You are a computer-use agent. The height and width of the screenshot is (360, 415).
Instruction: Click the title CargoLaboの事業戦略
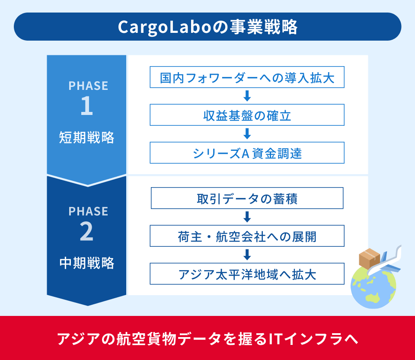[207, 27]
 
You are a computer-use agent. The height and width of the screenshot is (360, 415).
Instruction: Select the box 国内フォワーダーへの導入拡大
[247, 77]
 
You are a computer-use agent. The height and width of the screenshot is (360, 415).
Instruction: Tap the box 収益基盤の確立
[247, 115]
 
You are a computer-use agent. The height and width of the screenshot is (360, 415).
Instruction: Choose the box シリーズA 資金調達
[247, 153]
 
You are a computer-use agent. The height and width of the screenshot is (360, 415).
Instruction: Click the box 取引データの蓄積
[247, 198]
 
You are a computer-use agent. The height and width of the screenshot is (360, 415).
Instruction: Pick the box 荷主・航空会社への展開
[247, 236]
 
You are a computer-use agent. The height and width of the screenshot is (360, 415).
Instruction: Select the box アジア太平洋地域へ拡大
[247, 274]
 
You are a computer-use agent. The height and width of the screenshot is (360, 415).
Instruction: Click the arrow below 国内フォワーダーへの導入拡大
[247, 96]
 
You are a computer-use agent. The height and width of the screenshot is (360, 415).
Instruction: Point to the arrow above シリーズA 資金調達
[247, 134]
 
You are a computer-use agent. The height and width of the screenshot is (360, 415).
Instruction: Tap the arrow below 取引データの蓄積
[247, 217]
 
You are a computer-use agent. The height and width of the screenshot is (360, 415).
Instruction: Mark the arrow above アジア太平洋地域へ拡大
[247, 255]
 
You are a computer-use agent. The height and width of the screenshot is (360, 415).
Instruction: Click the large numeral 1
[87, 105]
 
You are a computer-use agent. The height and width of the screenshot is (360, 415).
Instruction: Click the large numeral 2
[86, 231]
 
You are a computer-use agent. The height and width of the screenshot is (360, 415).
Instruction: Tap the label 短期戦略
[86, 137]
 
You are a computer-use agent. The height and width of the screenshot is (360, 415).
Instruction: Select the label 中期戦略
[86, 263]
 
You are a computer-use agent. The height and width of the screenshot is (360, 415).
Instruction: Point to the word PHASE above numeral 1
[88, 86]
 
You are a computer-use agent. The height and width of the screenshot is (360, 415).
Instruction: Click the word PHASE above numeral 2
[88, 211]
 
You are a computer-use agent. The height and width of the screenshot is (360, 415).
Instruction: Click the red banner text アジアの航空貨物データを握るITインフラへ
[207, 339]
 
